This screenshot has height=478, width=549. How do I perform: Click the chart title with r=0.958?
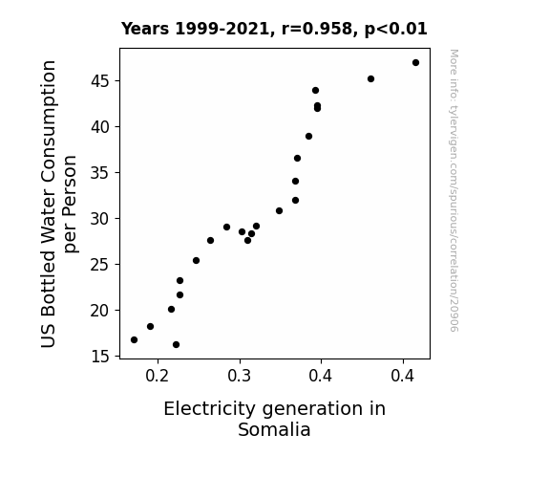pos(274,29)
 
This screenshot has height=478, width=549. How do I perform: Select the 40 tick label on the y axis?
pos(100,126)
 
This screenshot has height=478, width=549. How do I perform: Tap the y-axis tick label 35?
pos(100,172)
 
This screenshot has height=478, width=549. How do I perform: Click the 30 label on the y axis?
pos(100,219)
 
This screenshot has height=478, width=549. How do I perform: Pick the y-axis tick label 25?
pos(100,265)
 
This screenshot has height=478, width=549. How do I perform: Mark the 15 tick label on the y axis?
pos(100,357)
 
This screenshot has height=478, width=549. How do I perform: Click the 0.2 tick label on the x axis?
pos(158,376)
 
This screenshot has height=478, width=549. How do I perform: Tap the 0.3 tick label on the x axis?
pos(240,376)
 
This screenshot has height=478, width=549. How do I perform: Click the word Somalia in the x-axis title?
pos(274,429)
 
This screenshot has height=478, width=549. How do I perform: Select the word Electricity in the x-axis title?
pos(210,409)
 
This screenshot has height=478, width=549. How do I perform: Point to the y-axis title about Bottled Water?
pos(59,204)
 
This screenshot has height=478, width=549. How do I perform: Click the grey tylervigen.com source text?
pos(454,190)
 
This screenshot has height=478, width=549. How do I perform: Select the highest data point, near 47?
pos(415,63)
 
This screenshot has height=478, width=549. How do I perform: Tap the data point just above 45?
pos(370,79)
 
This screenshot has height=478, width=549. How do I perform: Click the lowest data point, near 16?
pos(176,345)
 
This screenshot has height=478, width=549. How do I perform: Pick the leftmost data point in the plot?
pos(134,339)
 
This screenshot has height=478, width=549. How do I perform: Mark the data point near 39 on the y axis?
pos(308,136)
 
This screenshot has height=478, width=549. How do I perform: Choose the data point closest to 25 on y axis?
pos(196,261)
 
